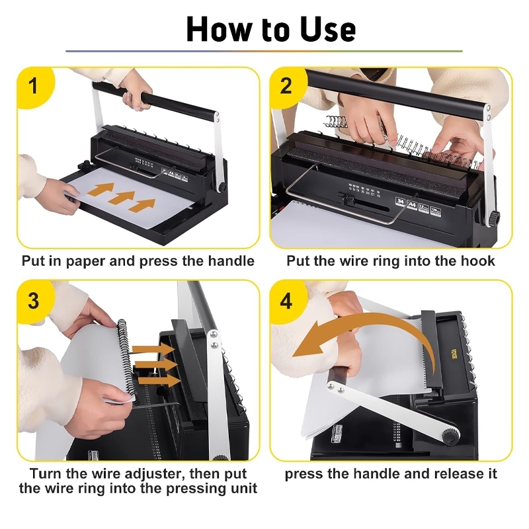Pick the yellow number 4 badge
click(x=288, y=301)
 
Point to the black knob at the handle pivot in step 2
click(x=495, y=218)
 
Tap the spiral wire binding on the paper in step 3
click(x=128, y=360)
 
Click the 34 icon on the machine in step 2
click(x=400, y=202)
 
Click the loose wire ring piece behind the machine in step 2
click(x=336, y=122)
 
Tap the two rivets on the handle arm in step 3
click(x=214, y=340)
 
